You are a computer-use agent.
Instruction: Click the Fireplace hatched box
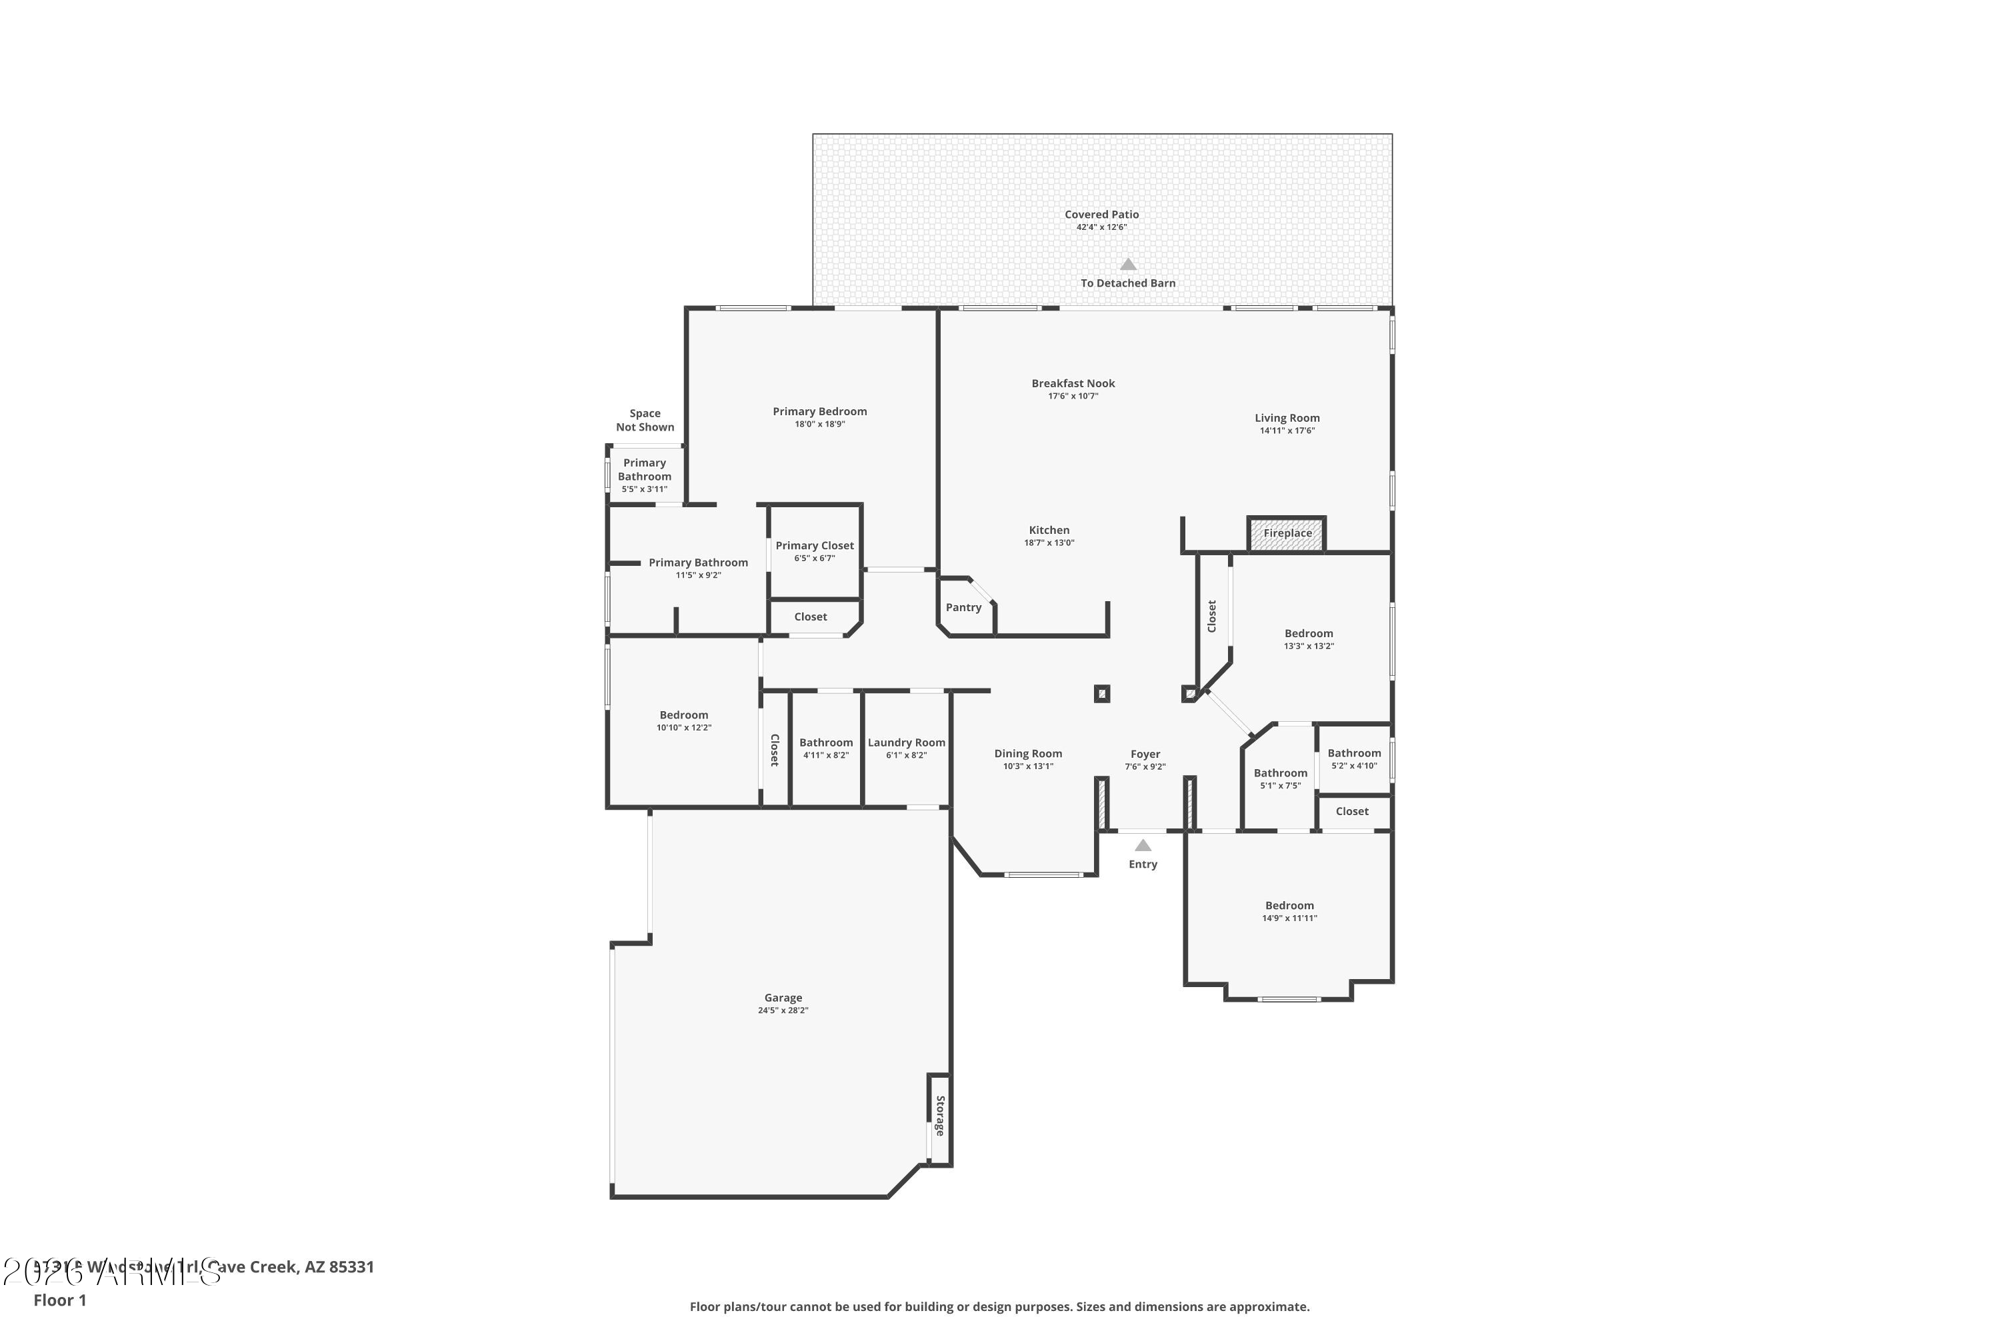tap(1286, 534)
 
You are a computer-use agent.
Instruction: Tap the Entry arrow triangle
tap(1143, 845)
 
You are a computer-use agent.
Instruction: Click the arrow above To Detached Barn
tap(1127, 265)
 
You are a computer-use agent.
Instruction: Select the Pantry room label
tap(963, 607)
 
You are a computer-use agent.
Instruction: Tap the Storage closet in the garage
tap(939, 1116)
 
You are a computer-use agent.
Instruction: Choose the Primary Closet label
tap(814, 546)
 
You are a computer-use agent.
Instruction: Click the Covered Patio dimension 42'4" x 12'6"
tap(1101, 228)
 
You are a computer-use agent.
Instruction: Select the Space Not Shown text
tap(645, 420)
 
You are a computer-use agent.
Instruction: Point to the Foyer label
tap(1145, 754)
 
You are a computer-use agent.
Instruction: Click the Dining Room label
tap(1027, 753)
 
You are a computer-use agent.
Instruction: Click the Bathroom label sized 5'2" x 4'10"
tap(1354, 753)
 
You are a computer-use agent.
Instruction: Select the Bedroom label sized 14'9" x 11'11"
tap(1289, 905)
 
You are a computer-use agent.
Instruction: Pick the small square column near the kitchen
tap(1101, 694)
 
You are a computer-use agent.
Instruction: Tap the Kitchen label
tap(1049, 530)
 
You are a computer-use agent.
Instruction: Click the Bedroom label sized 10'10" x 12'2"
tap(684, 715)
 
